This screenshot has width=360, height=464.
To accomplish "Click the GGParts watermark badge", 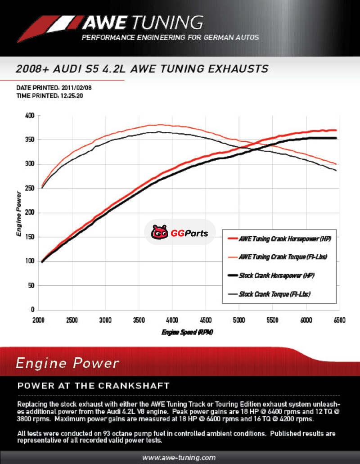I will click(x=180, y=233).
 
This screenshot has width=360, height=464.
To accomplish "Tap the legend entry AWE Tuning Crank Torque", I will click(x=283, y=257).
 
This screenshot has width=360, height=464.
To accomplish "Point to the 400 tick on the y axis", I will click(x=29, y=116).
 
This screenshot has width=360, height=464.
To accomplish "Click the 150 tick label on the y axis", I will click(x=29, y=237).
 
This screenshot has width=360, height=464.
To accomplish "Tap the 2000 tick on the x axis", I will click(x=38, y=320).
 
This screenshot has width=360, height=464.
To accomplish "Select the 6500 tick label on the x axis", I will click(x=338, y=320).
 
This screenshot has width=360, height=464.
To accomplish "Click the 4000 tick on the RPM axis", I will click(x=172, y=320).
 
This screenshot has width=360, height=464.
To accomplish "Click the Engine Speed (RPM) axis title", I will click(x=187, y=332).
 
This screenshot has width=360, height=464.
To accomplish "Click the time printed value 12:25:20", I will click(x=72, y=96).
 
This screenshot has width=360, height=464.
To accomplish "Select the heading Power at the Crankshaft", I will click(x=93, y=386).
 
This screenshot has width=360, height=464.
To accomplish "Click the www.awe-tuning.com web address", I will click(x=179, y=458).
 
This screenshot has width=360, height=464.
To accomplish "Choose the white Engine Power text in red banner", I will click(x=67, y=363).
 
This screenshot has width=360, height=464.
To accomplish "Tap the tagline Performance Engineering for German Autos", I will click(x=170, y=37).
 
